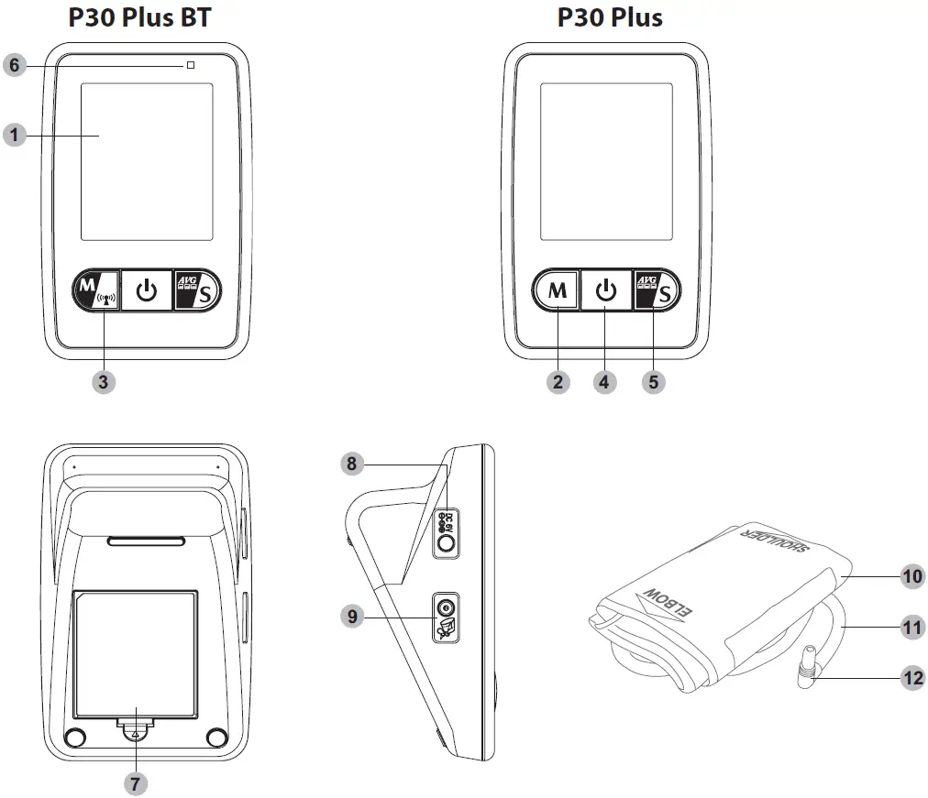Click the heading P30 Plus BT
139,17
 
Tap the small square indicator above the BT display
190,66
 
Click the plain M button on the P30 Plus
557,292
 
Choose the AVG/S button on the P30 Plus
655,292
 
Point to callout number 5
653,381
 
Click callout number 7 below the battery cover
136,783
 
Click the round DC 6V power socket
446,544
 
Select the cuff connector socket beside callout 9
446,608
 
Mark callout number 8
350,464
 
